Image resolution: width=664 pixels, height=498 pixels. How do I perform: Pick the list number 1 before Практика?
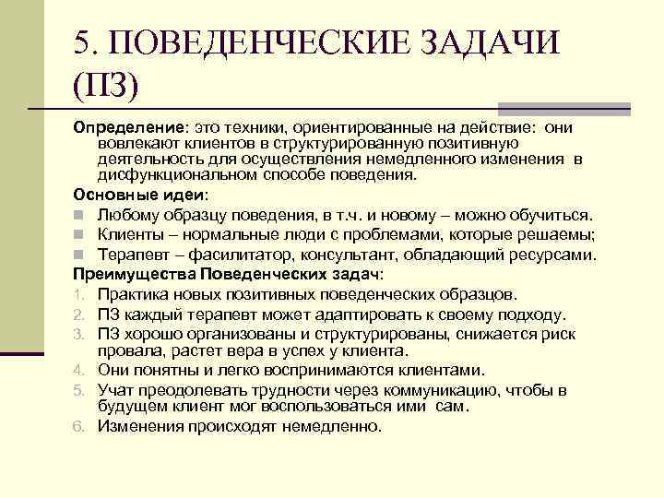coord(79,295)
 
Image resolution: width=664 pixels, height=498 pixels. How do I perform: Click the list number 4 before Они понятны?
coord(79,371)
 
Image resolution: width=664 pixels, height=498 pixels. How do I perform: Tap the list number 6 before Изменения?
coord(79,427)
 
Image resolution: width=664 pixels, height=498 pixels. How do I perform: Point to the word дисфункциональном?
coord(172,173)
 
